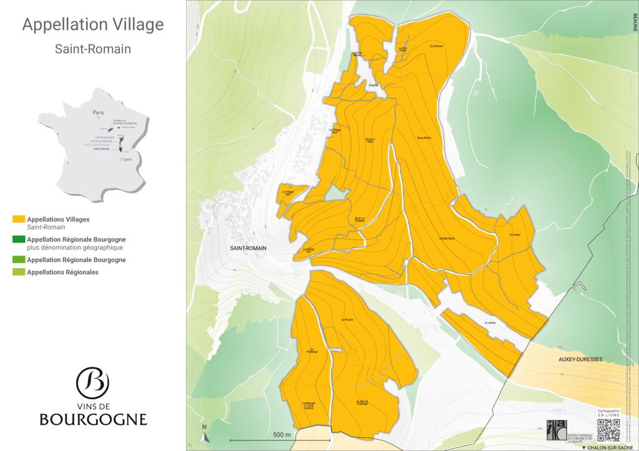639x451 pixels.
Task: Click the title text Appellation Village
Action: point(93,24)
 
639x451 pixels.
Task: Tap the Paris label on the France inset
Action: point(97,113)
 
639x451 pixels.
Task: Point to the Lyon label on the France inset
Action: point(128,160)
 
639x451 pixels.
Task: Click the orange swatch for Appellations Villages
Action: point(18,220)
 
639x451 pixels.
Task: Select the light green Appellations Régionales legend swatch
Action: point(18,272)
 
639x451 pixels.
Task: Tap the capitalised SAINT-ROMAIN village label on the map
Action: point(248,248)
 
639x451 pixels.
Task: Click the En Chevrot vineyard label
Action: point(436,46)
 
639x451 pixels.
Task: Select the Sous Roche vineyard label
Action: point(424,137)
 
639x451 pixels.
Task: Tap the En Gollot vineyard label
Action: point(514,235)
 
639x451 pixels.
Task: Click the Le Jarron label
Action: point(489,322)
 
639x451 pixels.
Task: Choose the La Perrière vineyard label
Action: point(347,320)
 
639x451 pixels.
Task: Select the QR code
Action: point(608,430)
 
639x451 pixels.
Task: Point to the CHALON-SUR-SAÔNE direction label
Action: point(608,447)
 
